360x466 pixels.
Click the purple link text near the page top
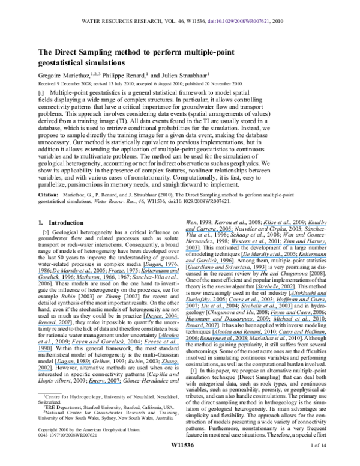point(238,21)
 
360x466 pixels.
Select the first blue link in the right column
point(295,226)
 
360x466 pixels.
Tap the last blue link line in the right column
point(217,341)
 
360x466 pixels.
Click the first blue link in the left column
point(161,267)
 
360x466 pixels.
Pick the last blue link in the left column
point(105,383)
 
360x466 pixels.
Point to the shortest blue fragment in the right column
point(191,251)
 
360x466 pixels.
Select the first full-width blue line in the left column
point(108,273)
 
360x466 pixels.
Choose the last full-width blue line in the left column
point(108,345)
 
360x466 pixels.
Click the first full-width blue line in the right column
point(256,302)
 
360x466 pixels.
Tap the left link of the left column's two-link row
point(73,364)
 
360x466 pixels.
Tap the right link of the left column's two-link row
point(170,364)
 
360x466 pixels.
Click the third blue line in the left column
point(75,280)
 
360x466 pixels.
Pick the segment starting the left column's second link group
point(161,319)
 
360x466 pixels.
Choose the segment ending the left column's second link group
point(54,325)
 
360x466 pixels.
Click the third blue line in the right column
point(278,244)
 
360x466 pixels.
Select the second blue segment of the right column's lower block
point(308,296)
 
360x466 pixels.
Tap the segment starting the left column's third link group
point(168,338)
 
